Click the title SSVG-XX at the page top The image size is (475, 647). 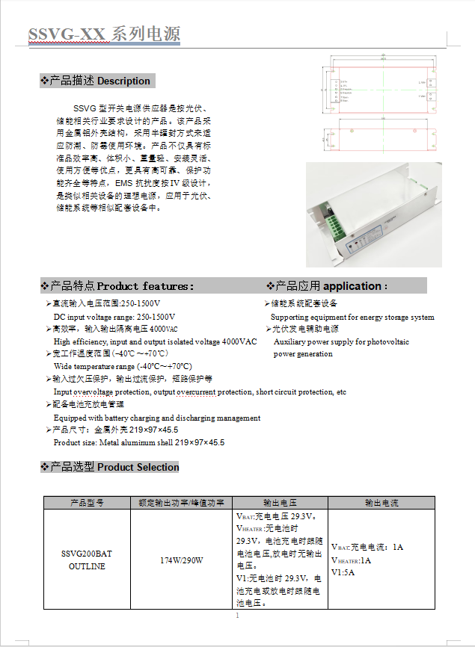pyautogui.click(x=67, y=34)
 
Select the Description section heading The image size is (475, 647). pyautogui.click(x=123, y=81)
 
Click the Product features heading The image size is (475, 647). pyautogui.click(x=145, y=285)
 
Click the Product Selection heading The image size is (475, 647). pyautogui.click(x=138, y=467)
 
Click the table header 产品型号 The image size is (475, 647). pyautogui.click(x=87, y=503)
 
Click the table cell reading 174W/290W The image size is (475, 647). pyautogui.click(x=182, y=560)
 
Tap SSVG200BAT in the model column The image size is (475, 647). pyautogui.click(x=86, y=554)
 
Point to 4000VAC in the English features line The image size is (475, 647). pyautogui.click(x=239, y=341)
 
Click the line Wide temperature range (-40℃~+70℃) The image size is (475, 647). pyautogui.click(x=123, y=366)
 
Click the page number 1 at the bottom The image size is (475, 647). pyautogui.click(x=237, y=616)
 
